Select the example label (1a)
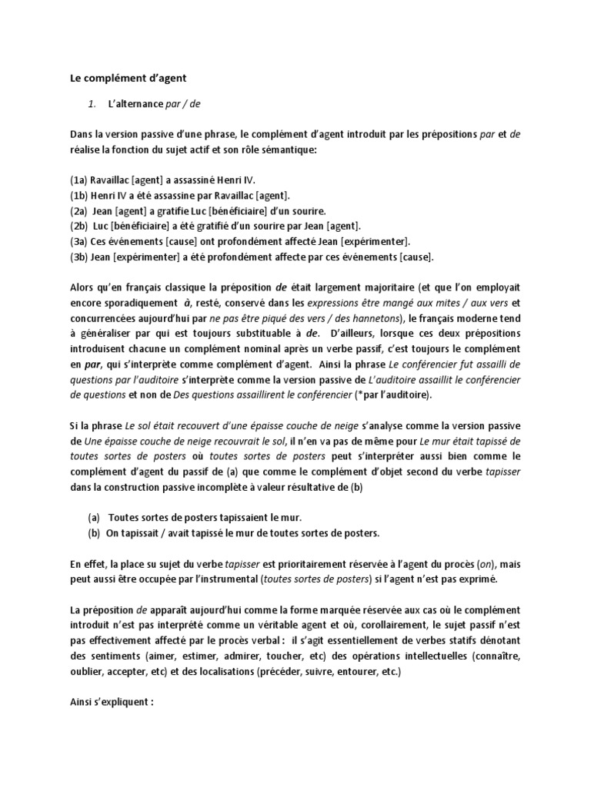[78, 180]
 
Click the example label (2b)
[78, 226]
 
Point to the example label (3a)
[78, 241]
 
